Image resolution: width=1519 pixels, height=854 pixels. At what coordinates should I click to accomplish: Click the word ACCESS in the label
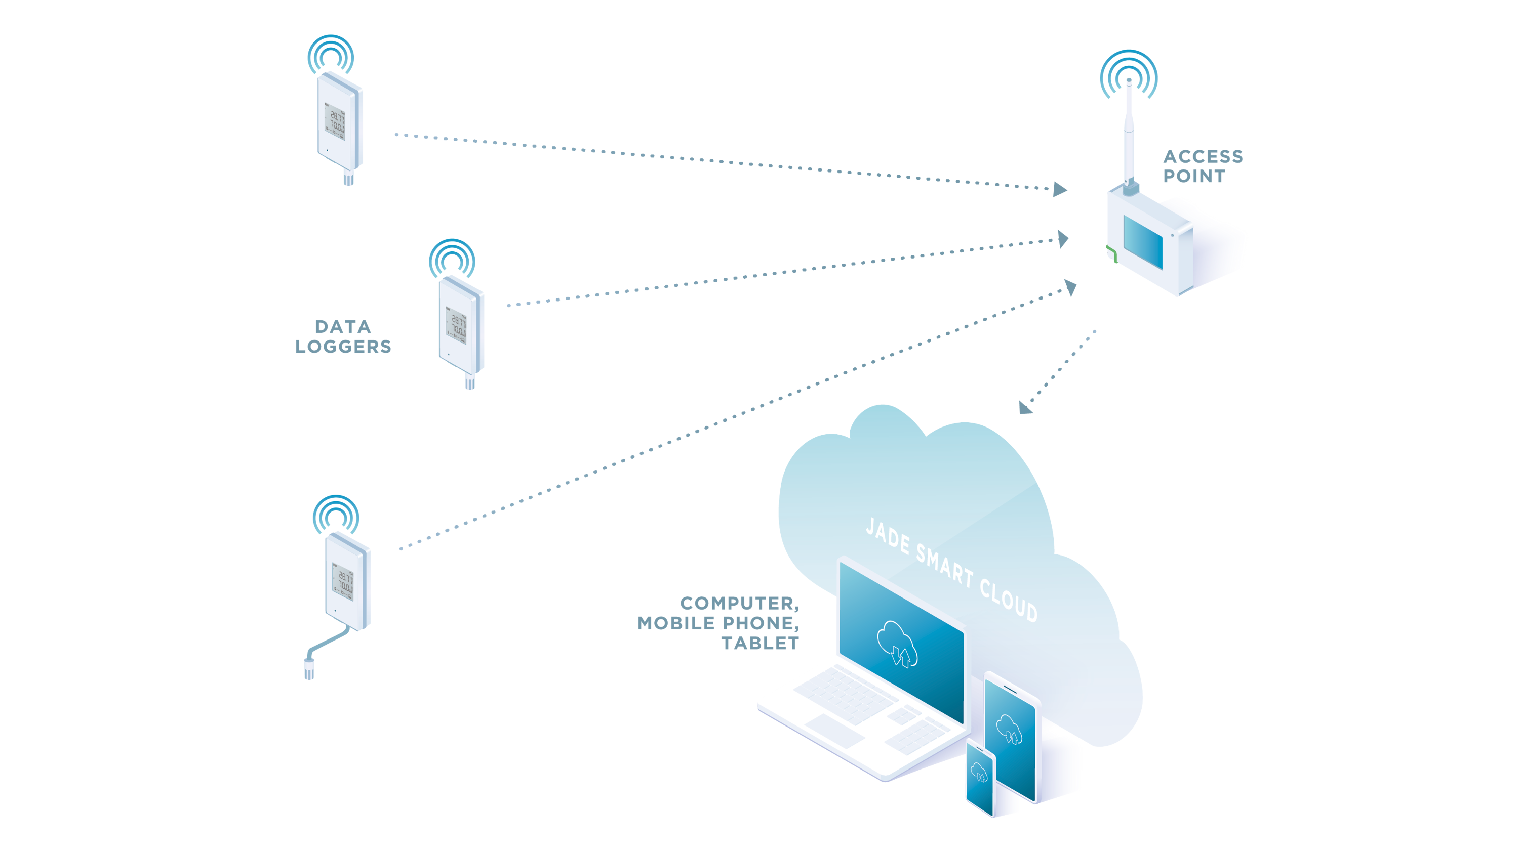coord(1203,157)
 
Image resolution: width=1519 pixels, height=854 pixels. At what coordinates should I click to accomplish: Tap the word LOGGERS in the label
coord(343,347)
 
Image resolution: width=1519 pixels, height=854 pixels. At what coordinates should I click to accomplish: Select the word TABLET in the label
coord(761,643)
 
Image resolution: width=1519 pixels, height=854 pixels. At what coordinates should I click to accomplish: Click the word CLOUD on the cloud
coord(1009,601)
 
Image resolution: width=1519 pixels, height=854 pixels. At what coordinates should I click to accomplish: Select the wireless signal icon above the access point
coord(1129,74)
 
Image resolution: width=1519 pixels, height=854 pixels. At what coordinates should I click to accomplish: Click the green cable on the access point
coord(1111,254)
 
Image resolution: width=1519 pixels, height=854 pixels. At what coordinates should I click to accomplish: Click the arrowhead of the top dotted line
coord(1060,189)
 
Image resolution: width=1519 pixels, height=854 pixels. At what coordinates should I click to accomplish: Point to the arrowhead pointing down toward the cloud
coord(1026,407)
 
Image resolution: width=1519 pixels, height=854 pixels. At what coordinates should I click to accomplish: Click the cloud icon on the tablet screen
coord(1010,729)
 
